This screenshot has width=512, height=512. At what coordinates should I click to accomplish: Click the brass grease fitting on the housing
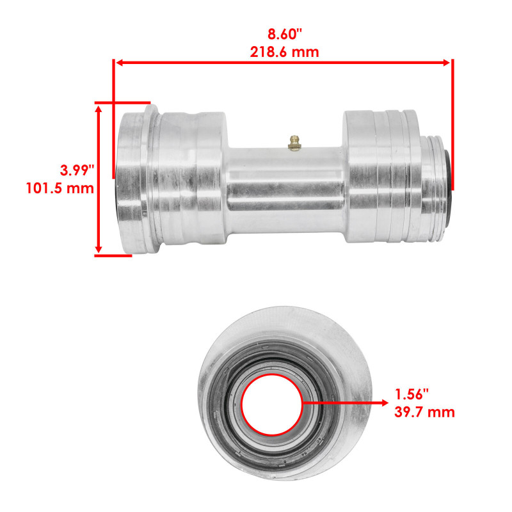tap(294, 143)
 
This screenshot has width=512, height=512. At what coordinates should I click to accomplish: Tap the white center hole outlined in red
tap(269, 403)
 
